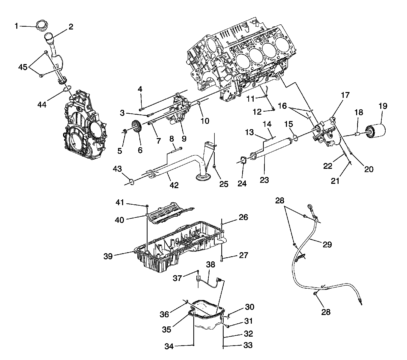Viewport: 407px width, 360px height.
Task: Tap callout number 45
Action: coord(23,67)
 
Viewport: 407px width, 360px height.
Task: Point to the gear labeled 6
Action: coord(137,127)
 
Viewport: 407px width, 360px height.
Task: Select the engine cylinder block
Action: coord(239,58)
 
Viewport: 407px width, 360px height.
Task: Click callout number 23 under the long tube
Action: coord(265,180)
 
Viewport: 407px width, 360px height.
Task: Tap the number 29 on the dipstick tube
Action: coord(327,244)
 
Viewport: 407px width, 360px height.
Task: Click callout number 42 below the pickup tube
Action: coord(174,185)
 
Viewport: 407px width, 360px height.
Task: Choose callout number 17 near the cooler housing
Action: coord(345,95)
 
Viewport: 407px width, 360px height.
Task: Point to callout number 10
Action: coord(205,121)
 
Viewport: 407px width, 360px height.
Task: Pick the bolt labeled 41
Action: coord(147,206)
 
